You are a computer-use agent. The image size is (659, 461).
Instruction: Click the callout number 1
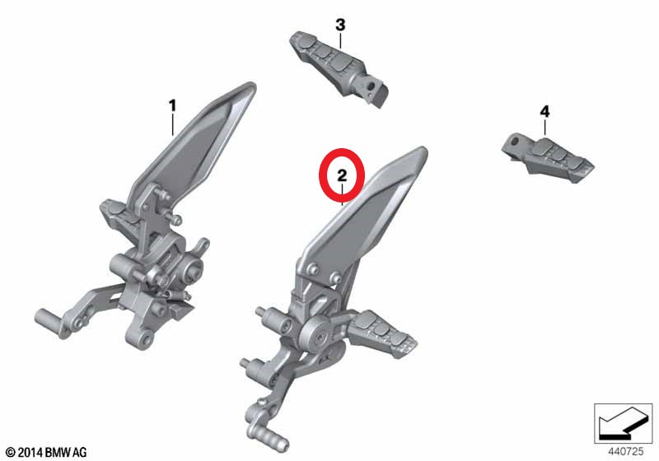click(172, 106)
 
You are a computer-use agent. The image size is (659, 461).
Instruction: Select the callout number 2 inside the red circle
click(342, 175)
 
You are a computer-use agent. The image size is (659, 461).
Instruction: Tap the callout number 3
click(340, 25)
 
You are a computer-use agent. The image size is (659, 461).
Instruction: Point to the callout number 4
click(544, 112)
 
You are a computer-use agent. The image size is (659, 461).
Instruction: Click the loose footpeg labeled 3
click(339, 68)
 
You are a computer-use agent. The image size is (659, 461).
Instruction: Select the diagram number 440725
click(625, 452)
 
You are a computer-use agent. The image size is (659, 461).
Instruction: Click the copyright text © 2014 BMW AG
click(46, 452)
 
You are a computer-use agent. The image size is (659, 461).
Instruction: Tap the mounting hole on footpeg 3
click(371, 86)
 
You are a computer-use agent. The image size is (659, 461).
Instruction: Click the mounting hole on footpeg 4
click(515, 141)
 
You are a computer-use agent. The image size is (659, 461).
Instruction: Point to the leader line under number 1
click(172, 124)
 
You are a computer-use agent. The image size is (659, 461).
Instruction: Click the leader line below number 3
click(340, 40)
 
